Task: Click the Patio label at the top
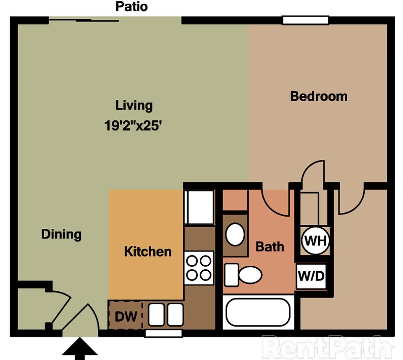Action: point(132,7)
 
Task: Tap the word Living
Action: point(134,105)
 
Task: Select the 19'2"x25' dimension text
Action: point(133,126)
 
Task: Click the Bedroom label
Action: point(319,96)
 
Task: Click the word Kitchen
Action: point(148,252)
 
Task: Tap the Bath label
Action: point(270,247)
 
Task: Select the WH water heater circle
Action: point(315,241)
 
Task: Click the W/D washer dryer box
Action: point(311,276)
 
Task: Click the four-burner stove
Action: point(199,268)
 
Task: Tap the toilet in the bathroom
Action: point(243,275)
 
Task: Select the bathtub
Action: point(258,312)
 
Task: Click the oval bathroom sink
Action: point(235,234)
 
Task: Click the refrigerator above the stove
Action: point(199,207)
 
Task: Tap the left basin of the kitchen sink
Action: point(156,315)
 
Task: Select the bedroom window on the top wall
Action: point(306,20)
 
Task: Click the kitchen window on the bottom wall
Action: point(163,333)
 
